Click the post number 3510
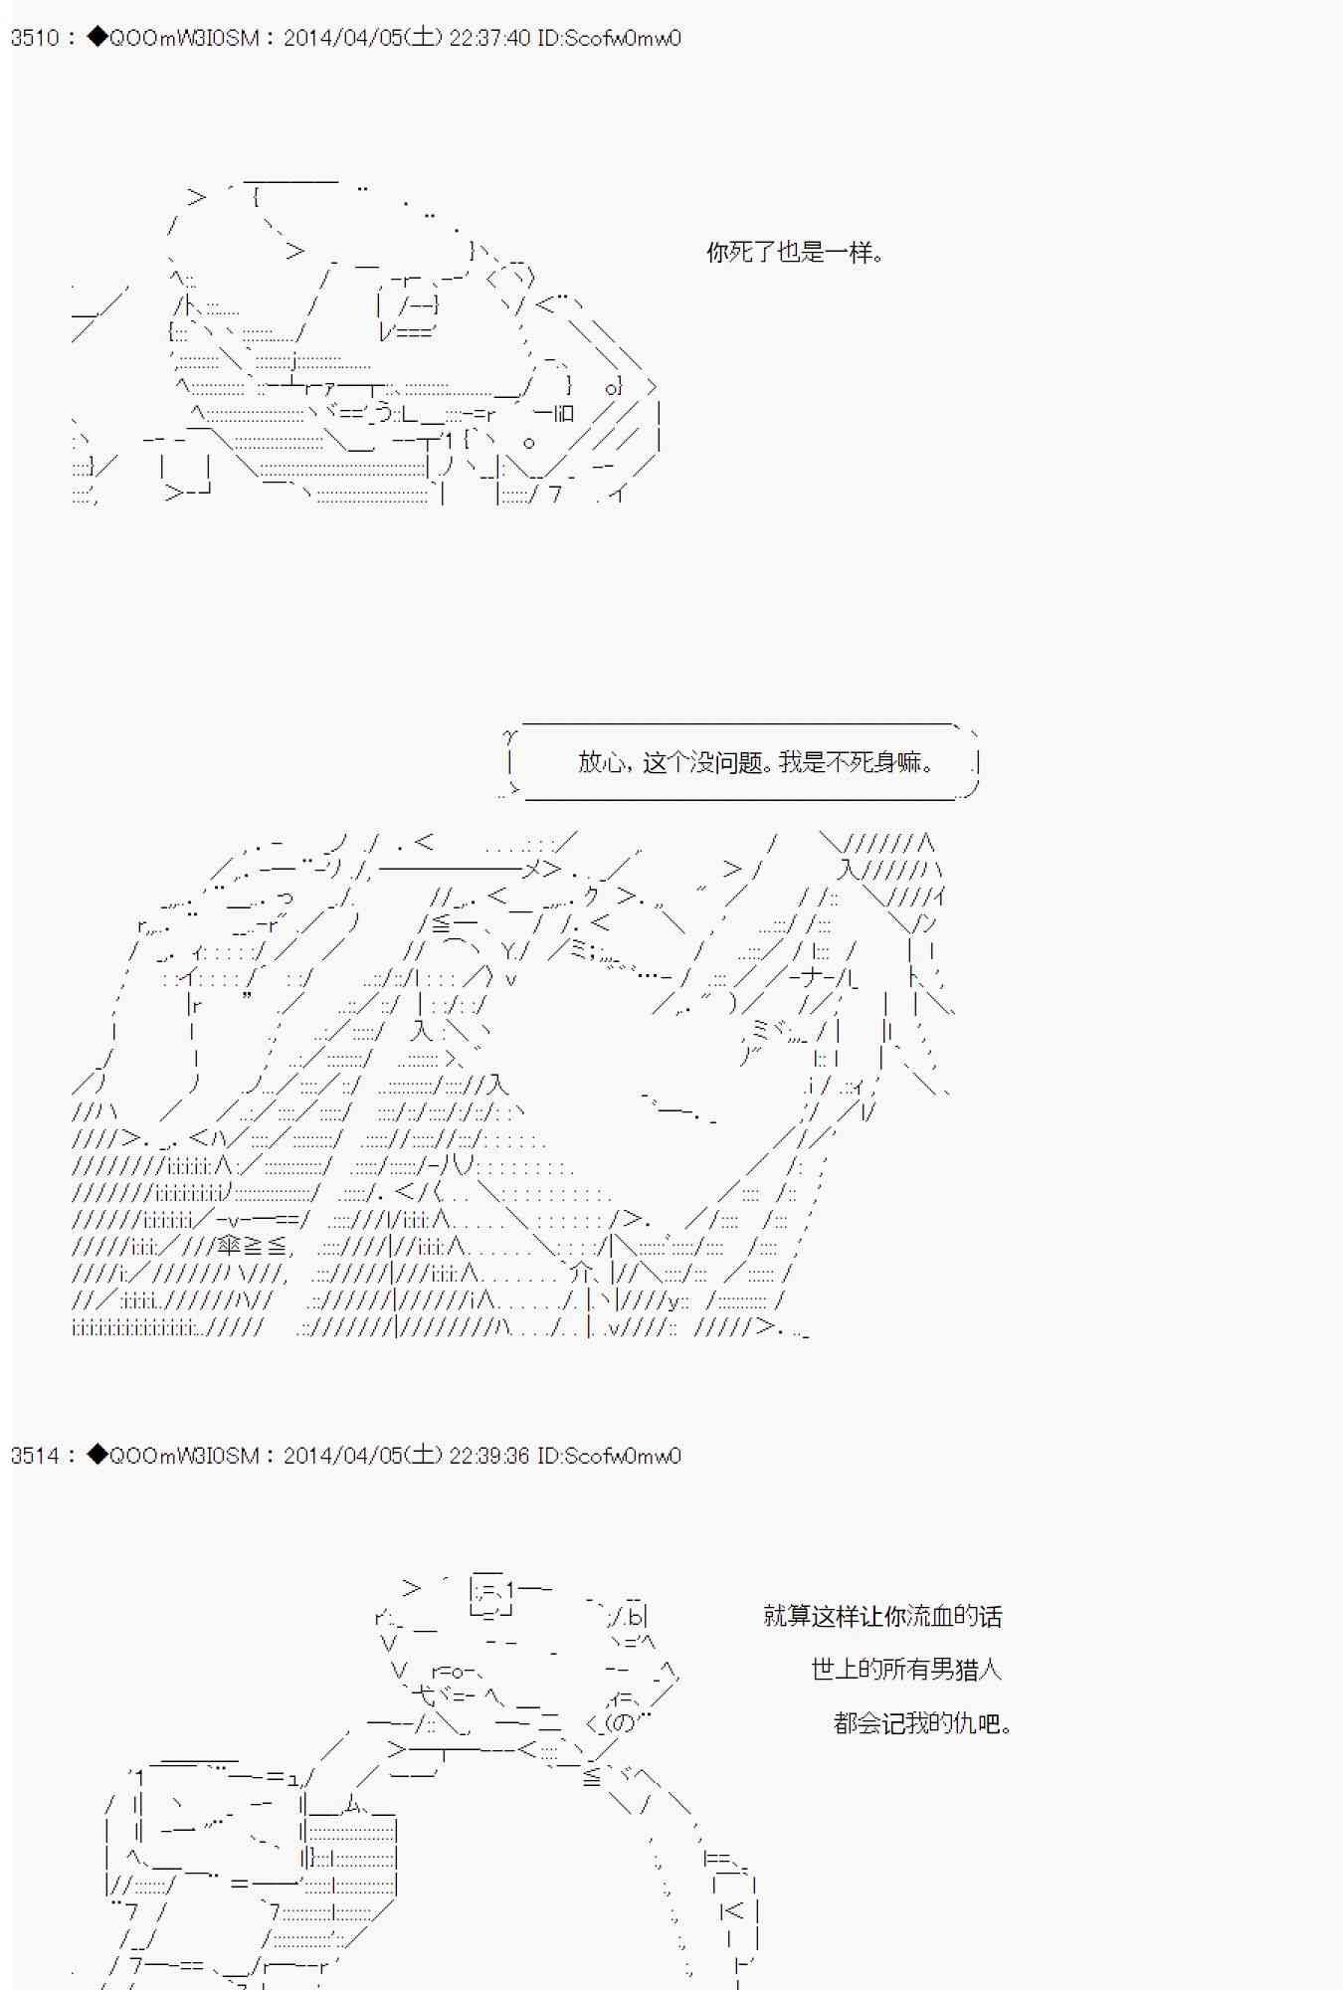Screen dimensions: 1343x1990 pos(35,38)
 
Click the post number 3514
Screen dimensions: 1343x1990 pos(35,1456)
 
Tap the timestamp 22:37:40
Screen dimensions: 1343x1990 pos(489,38)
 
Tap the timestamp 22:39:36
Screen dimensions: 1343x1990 pos(489,1456)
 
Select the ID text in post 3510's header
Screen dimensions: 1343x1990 pos(609,38)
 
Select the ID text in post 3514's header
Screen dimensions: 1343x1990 pos(609,1456)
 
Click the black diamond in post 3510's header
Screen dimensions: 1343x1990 pos(96,37)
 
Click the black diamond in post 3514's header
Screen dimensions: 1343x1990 pos(96,1455)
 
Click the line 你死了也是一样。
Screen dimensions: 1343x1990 pos(795,253)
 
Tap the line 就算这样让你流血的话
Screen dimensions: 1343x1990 pos(882,1616)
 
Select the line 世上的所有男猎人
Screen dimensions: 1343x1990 pos(905,1669)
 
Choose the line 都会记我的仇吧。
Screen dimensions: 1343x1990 pos(922,1722)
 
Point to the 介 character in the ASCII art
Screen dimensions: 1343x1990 pos(583,1273)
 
